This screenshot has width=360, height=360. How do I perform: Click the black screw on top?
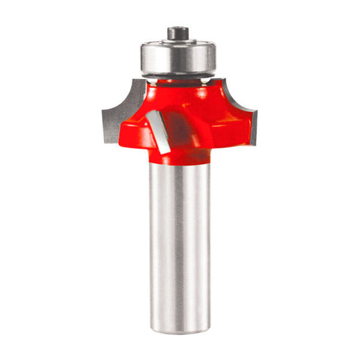179,32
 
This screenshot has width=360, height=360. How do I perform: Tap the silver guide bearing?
179,59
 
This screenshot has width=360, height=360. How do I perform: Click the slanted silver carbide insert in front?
159,131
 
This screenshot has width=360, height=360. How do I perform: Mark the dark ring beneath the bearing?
180,78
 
